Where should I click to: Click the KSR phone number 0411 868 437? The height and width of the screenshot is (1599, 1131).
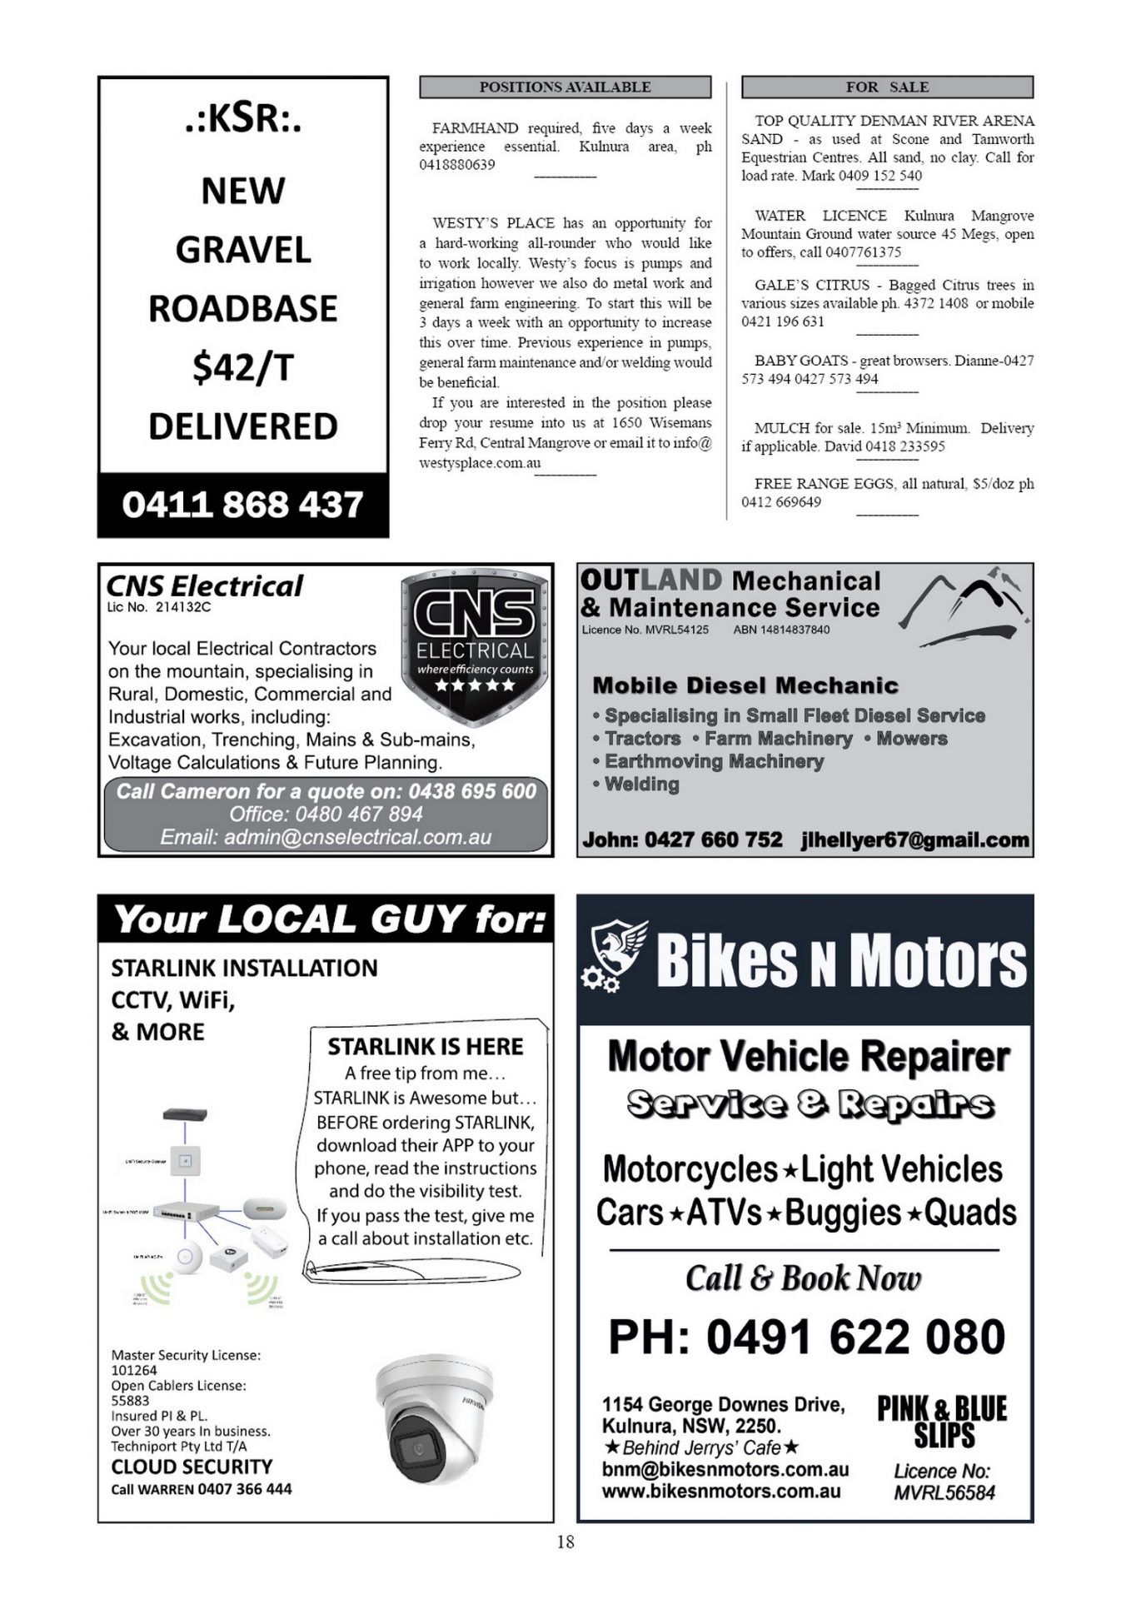[x=242, y=505]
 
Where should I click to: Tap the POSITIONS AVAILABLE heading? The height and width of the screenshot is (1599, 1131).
[x=565, y=87]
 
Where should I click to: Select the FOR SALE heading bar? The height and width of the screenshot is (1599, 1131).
[x=887, y=87]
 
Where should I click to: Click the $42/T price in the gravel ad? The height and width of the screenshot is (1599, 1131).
[x=242, y=367]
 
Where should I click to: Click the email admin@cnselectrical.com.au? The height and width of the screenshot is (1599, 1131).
[x=326, y=837]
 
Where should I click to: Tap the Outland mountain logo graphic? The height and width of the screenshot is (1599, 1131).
[x=964, y=609]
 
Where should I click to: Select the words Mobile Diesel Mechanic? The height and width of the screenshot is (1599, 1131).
[x=745, y=685]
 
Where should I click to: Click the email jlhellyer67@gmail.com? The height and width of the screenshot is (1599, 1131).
[x=914, y=839]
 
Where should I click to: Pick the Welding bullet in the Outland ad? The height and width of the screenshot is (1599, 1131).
[x=641, y=784]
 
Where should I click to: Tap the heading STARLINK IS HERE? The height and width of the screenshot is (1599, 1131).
[x=425, y=1046]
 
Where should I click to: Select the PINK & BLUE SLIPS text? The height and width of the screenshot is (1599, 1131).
[x=942, y=1422]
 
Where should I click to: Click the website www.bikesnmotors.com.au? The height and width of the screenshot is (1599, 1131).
[x=721, y=1492]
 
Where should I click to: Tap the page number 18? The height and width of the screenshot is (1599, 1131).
[x=565, y=1542]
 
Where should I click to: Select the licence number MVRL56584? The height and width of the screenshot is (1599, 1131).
[x=944, y=1492]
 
